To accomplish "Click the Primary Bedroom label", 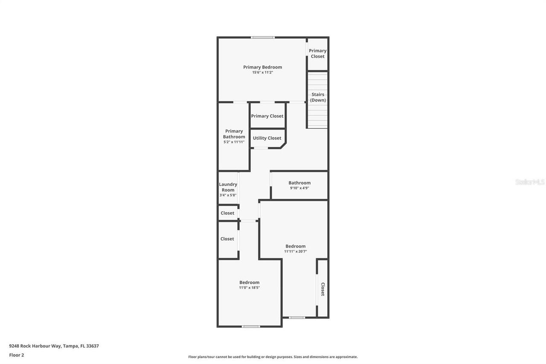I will tap(262, 67).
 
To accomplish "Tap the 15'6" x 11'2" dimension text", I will tap(262, 73).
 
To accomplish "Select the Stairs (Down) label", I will tap(318, 97).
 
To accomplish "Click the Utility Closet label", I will tap(267, 138).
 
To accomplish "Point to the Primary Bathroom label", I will tap(234, 134).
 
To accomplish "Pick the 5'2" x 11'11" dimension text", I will tap(234, 142).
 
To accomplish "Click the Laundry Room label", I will tap(228, 187).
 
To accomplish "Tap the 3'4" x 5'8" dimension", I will tap(228, 195).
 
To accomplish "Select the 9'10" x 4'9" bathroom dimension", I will tap(299, 188).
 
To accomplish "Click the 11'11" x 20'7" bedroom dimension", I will tap(295, 251).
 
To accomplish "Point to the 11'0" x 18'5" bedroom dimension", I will tap(249, 288).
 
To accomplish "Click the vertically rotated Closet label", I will tap(322, 289).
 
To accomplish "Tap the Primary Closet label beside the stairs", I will tap(317, 53).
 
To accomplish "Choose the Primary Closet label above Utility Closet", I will tap(267, 116).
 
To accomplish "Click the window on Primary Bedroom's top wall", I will tap(262, 38).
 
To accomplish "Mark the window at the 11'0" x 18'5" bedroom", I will tap(250, 326).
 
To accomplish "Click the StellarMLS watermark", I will tap(530, 182).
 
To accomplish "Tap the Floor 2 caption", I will tap(17, 355).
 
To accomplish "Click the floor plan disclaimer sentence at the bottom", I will tap(273, 357).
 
